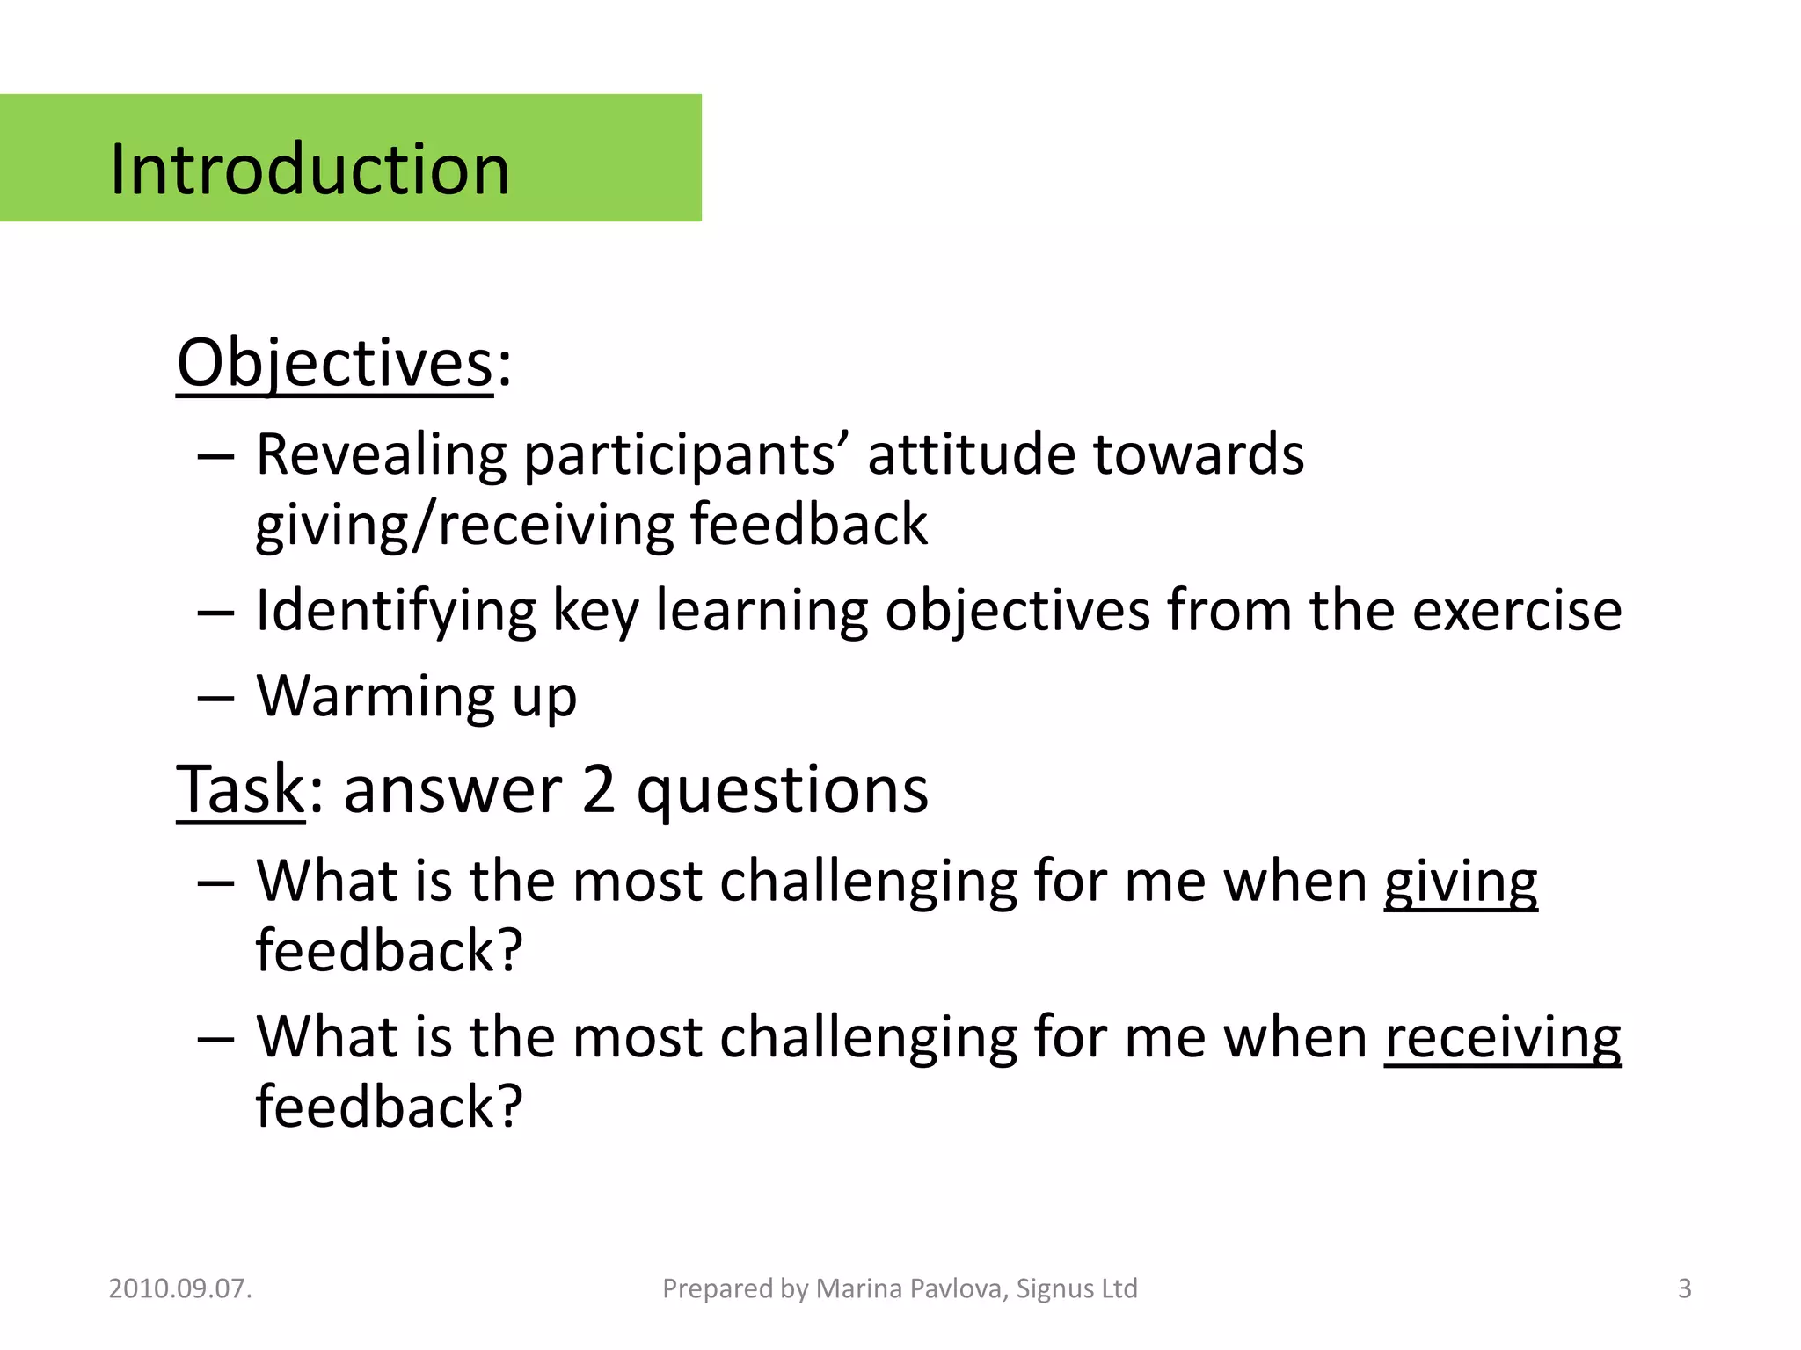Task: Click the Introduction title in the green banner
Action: [x=310, y=169]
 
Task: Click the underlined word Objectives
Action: [x=334, y=363]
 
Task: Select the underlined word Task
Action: [x=240, y=789]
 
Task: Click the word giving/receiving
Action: [x=463, y=525]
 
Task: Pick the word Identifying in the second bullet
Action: [x=396, y=611]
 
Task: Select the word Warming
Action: [x=376, y=696]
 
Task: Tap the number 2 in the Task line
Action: [x=598, y=789]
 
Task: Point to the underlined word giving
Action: [x=1461, y=882]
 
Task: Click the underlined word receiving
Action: [x=1502, y=1037]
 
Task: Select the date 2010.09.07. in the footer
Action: [x=180, y=1288]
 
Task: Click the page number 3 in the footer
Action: [x=1684, y=1288]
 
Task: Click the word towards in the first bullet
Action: [x=1198, y=455]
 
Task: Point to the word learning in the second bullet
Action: [x=762, y=611]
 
